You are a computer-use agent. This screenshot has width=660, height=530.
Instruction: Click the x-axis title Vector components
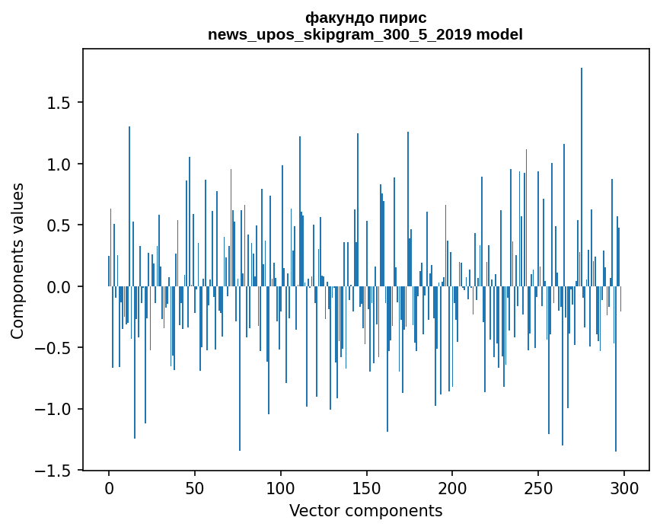pyautogui.click(x=365, y=510)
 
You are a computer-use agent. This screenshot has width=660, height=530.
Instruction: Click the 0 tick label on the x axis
pyautogui.click(x=109, y=487)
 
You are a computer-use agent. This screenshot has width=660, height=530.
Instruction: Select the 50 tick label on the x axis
pyautogui.click(x=195, y=487)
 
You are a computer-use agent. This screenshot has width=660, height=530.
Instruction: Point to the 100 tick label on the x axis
pyautogui.click(x=281, y=487)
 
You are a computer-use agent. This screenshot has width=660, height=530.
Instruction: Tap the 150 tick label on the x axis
pyautogui.click(x=366, y=487)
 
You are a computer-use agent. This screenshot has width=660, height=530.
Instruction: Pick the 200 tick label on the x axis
pyautogui.click(x=452, y=487)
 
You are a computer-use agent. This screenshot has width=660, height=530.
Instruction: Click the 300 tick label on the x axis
pyautogui.click(x=623, y=487)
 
